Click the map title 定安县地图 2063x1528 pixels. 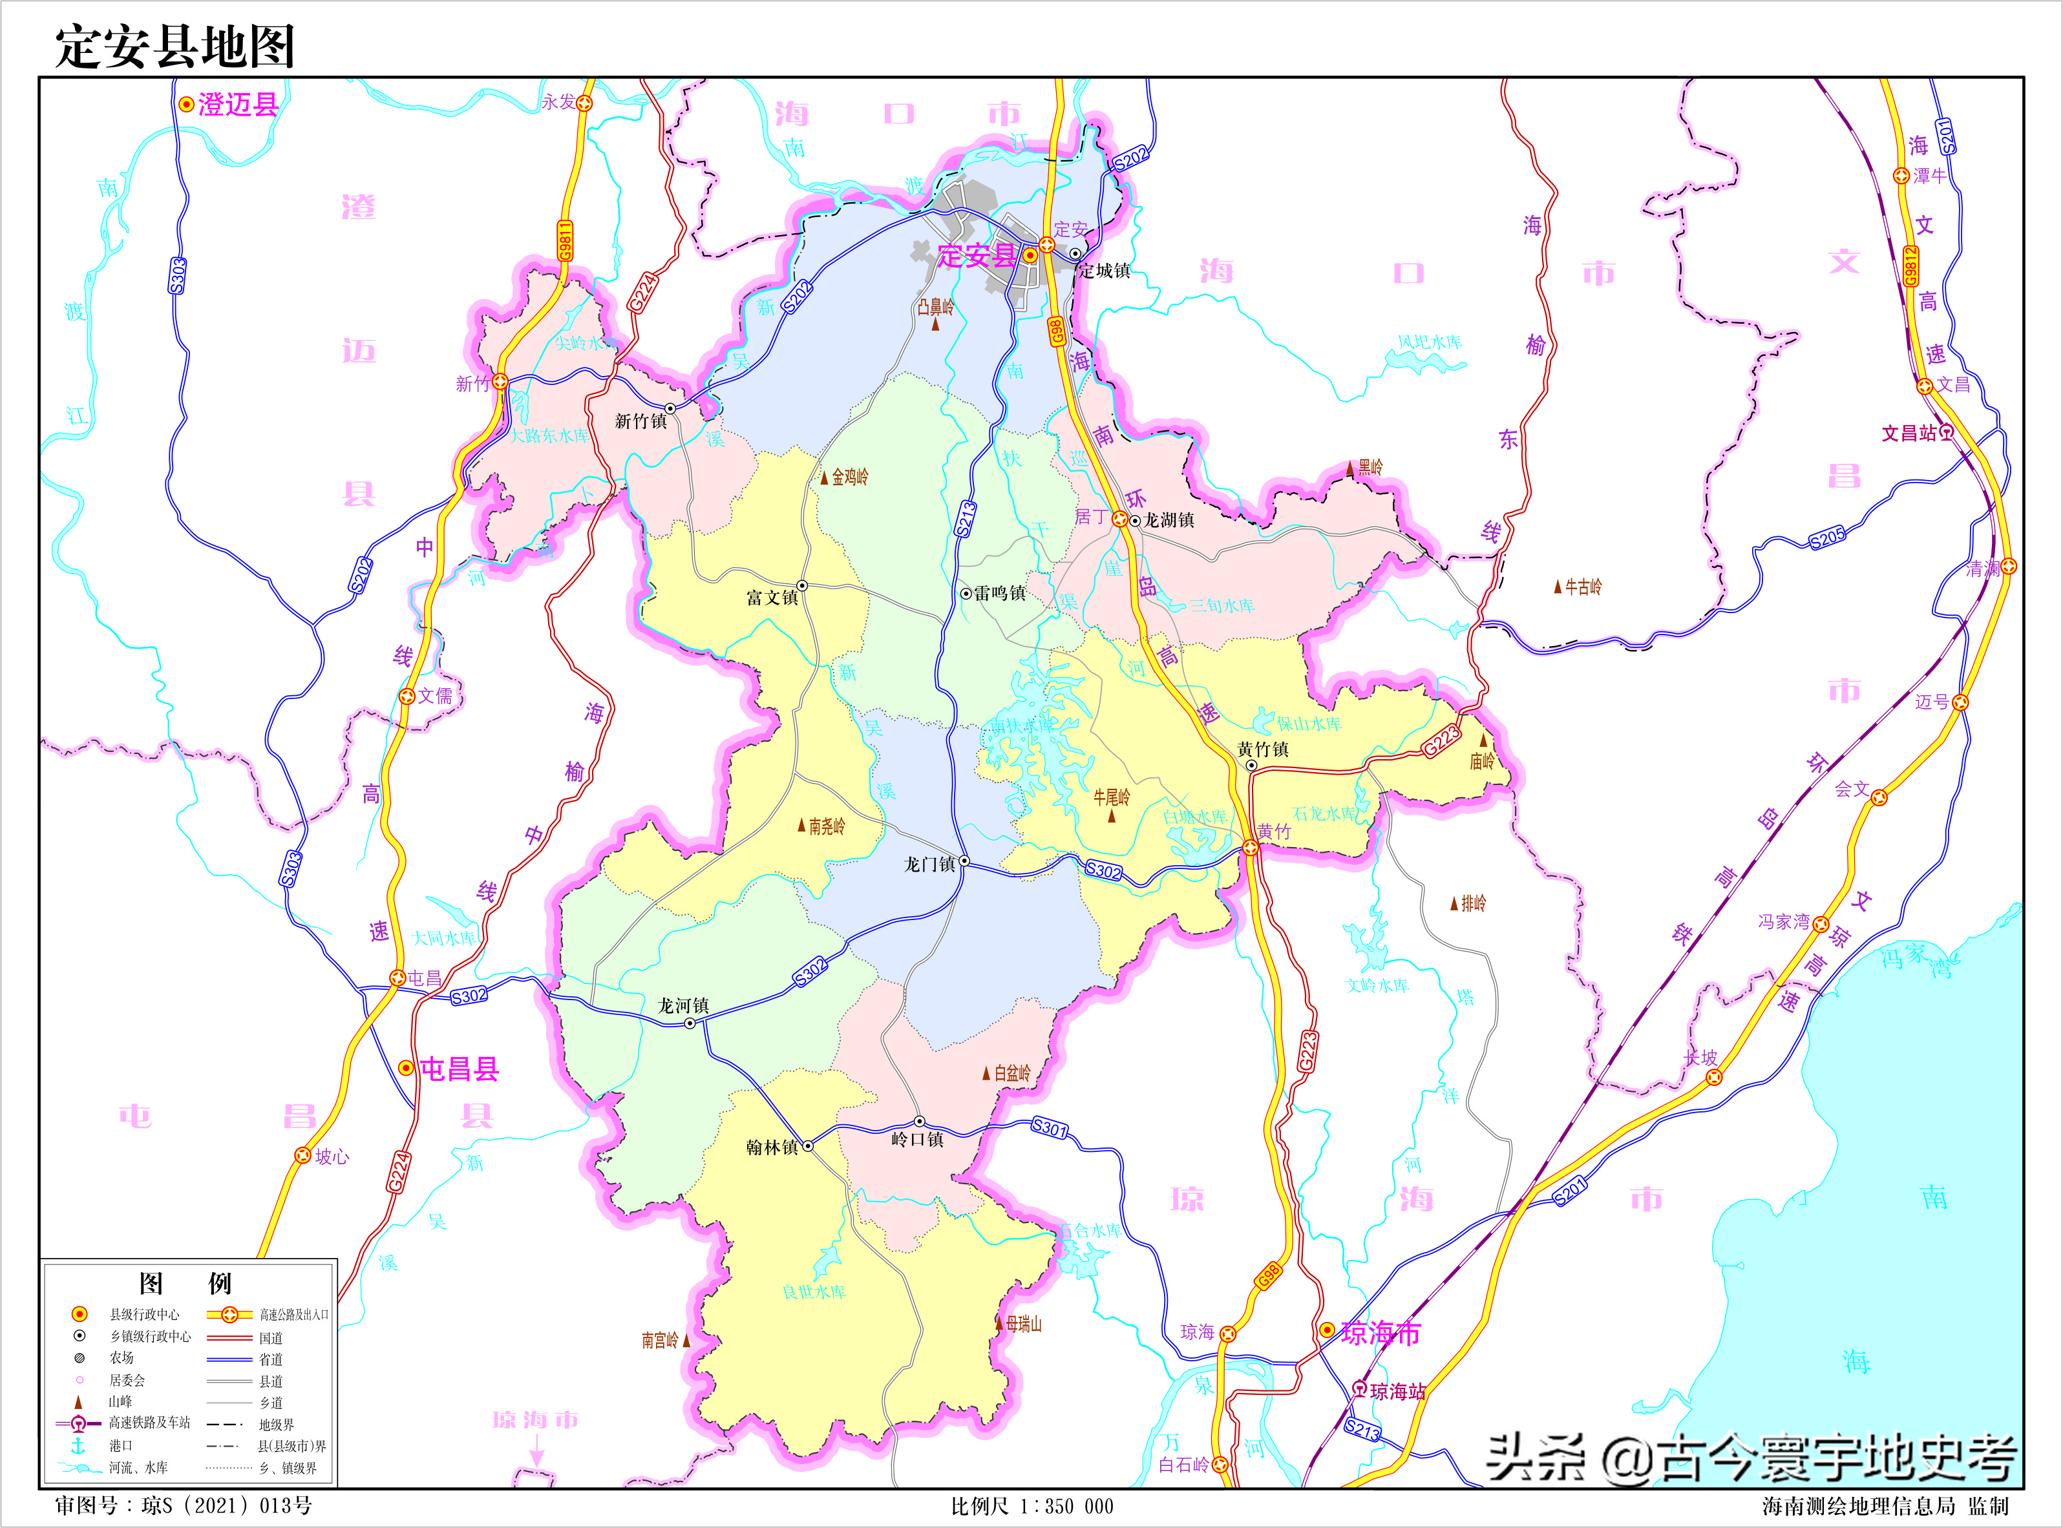(x=174, y=47)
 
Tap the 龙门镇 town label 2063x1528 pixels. (x=929, y=864)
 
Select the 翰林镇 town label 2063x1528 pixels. (x=772, y=1147)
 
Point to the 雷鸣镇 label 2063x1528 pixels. (x=999, y=593)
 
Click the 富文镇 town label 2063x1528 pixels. (x=772, y=598)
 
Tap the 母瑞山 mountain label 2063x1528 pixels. (x=1023, y=1324)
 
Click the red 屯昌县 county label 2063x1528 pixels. (x=459, y=1069)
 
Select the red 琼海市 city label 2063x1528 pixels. (x=1381, y=1333)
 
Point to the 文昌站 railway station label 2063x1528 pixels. (x=1909, y=433)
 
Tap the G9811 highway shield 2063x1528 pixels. (x=564, y=240)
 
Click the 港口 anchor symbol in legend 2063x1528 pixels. (x=79, y=1445)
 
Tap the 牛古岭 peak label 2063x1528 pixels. (x=1582, y=587)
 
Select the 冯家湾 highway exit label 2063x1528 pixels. (x=1783, y=921)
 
